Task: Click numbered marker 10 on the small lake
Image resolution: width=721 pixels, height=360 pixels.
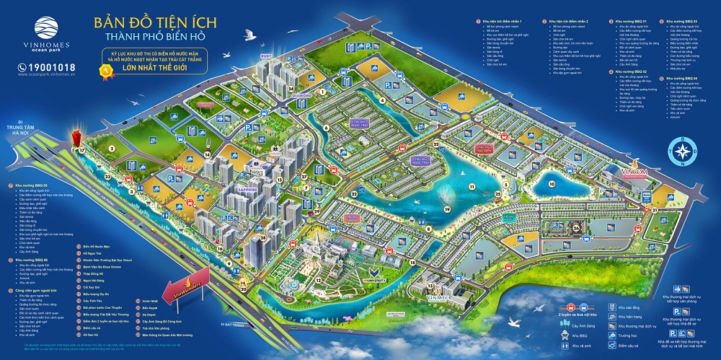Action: [552, 183]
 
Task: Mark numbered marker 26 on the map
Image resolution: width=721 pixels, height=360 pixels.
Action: [577, 228]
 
